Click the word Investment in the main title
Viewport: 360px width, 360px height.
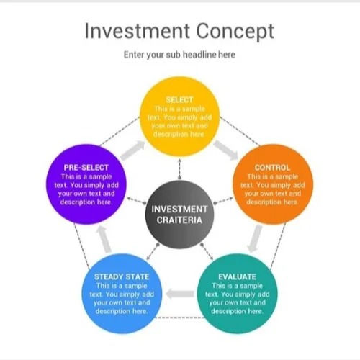(x=138, y=31)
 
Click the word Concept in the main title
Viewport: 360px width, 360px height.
(x=235, y=32)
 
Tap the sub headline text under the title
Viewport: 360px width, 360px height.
(x=179, y=55)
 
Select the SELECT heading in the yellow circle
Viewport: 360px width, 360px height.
(x=179, y=99)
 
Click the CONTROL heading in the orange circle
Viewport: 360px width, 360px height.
(x=272, y=168)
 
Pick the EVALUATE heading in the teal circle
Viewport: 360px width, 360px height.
(x=237, y=276)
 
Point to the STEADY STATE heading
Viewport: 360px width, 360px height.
(x=122, y=276)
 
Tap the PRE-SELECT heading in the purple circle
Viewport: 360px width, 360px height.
(x=86, y=168)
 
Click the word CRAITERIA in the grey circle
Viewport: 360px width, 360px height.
(x=179, y=220)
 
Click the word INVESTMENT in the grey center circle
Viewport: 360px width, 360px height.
(x=179, y=209)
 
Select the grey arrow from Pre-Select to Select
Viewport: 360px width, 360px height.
(x=132, y=150)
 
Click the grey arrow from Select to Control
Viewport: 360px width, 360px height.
(x=225, y=150)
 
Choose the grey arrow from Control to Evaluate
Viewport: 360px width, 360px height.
(x=255, y=238)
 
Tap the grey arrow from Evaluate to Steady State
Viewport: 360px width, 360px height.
(x=180, y=294)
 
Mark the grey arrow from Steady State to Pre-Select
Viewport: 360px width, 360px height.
(x=104, y=239)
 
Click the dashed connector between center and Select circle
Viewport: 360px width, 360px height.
(x=179, y=169)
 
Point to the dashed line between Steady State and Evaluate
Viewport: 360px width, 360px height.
(x=180, y=318)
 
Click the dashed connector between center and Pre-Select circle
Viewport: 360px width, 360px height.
(x=136, y=201)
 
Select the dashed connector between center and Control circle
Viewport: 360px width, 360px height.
(x=223, y=201)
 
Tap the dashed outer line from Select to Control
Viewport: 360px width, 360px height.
(x=240, y=131)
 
